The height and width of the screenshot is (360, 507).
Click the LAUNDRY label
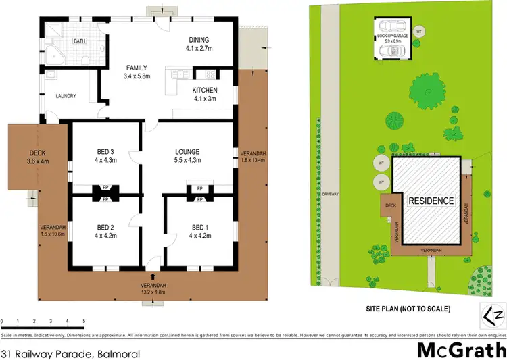point(66,96)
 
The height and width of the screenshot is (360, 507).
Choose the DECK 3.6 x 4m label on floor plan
point(37,157)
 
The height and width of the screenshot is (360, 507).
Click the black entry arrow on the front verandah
point(152,276)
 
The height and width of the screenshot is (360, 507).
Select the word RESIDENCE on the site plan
point(430,201)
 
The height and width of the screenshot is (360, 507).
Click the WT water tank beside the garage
point(419,31)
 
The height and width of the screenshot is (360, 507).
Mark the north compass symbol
point(492,315)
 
